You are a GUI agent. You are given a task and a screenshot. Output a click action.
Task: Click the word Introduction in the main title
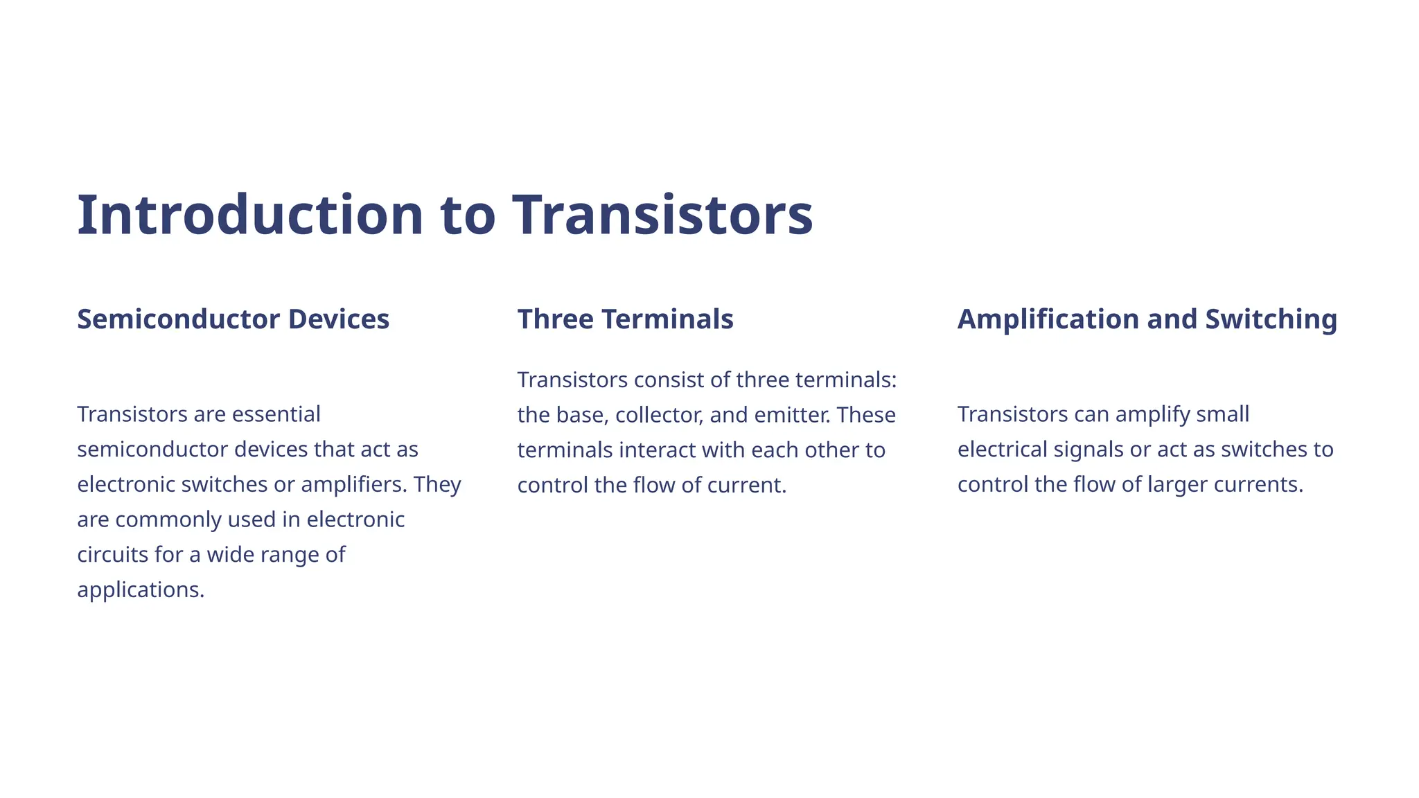pyautogui.click(x=249, y=215)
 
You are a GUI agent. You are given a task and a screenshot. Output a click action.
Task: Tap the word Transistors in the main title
pyautogui.click(x=662, y=215)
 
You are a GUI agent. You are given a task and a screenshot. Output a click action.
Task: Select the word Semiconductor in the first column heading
pyautogui.click(x=178, y=319)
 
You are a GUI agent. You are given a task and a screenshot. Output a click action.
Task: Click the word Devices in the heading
pyautogui.click(x=339, y=319)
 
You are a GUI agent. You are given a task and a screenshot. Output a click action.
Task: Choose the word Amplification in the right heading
pyautogui.click(x=1048, y=319)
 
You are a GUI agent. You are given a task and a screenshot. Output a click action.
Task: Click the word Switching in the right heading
pyautogui.click(x=1271, y=319)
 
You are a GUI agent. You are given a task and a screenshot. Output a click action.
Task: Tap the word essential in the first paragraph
pyautogui.click(x=276, y=414)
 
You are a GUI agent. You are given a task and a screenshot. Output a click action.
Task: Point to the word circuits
pyautogui.click(x=112, y=555)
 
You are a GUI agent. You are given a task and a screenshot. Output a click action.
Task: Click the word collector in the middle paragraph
pyautogui.click(x=659, y=415)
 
